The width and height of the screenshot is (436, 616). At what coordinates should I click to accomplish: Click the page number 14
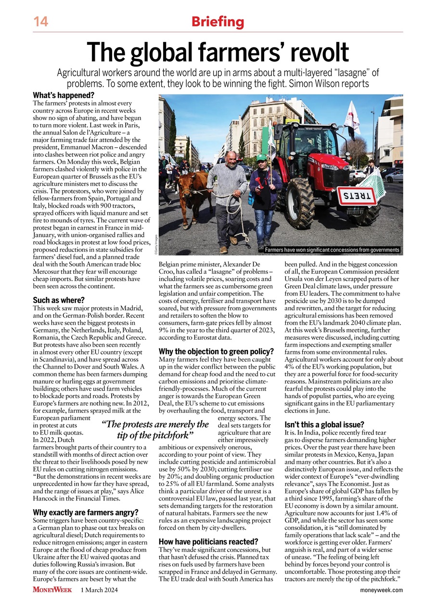pos(40,22)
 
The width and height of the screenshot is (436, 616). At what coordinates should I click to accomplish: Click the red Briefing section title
pos(218,22)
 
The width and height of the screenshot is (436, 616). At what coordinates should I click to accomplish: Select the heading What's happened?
pos(63,95)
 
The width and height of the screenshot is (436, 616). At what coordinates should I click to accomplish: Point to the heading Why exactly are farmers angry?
pos(86,512)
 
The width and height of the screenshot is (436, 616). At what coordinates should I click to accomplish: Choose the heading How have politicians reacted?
pos(208,541)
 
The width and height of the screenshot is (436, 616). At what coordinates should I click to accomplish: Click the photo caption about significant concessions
pos(332,250)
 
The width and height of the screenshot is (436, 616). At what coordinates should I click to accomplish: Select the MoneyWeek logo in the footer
pos(52,590)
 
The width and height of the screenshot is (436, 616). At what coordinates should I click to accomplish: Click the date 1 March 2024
pos(99,590)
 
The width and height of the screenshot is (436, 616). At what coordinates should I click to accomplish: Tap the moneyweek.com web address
pos(381,590)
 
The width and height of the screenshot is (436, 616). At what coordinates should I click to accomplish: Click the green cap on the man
pos(262,157)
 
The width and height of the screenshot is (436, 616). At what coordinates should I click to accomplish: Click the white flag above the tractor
pos(353,117)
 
